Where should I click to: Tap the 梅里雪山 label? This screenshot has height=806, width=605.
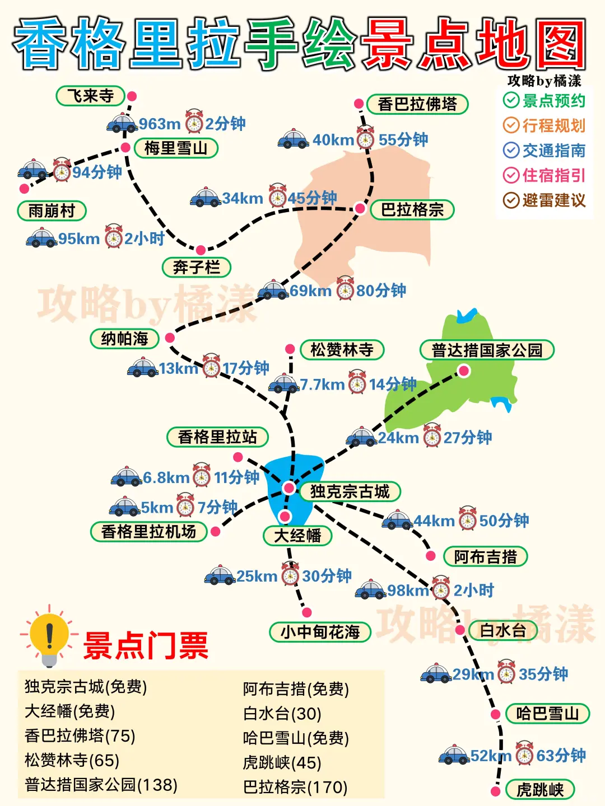pos(176,148)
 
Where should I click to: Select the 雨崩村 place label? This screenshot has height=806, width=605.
pos(52,211)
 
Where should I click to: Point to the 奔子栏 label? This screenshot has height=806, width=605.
pos(196,268)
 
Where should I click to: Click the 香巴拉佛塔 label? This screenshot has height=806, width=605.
pos(417,105)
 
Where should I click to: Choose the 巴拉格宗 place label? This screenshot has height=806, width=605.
pos(412,210)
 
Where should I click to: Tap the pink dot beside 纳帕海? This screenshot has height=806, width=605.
pos(170,338)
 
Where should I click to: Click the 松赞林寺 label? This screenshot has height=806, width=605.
pos(342,350)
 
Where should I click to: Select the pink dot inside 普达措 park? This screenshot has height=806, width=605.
pos(464,371)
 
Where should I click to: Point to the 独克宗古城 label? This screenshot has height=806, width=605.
pos(350,491)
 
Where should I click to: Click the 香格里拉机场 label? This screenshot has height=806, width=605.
pos(148,532)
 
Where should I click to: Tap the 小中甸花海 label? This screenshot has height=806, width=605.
pos(320,632)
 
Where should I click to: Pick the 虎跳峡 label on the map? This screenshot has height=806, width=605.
pos(540,790)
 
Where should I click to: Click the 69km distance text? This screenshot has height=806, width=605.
pos(310,291)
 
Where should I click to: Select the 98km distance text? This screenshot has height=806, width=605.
pos(408,591)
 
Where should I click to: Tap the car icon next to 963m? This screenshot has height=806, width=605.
pos(122,123)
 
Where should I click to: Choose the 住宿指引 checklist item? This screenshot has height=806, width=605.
pos(544,176)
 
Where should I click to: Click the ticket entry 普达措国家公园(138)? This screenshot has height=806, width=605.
pos(101,785)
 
